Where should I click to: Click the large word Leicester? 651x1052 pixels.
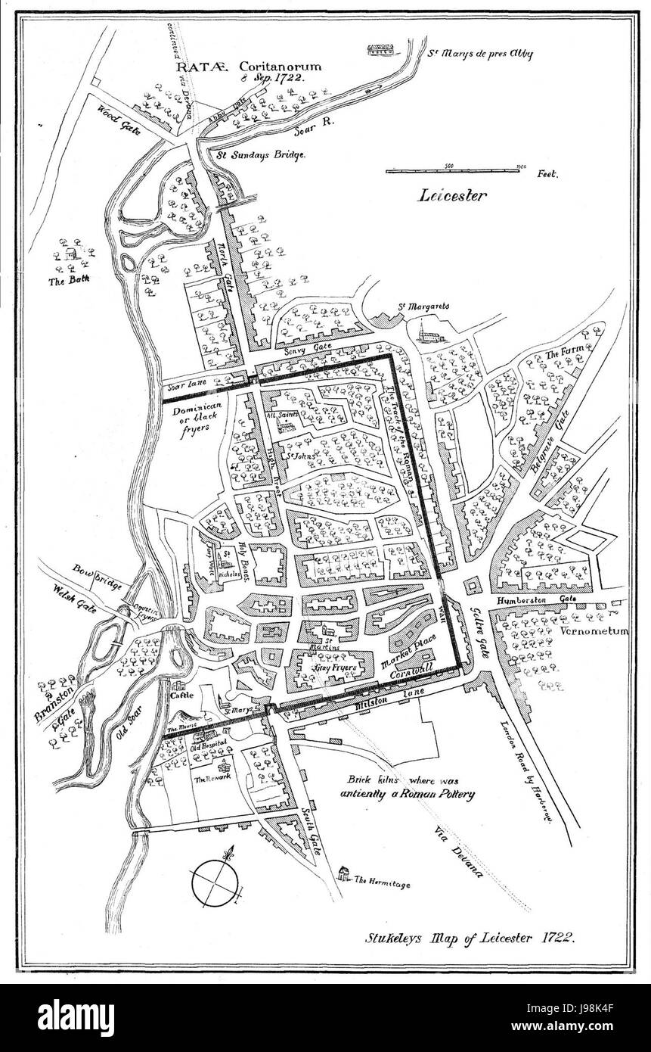click(x=451, y=195)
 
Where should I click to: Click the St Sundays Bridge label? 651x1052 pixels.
click(x=261, y=154)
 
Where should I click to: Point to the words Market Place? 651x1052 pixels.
click(x=414, y=642)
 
